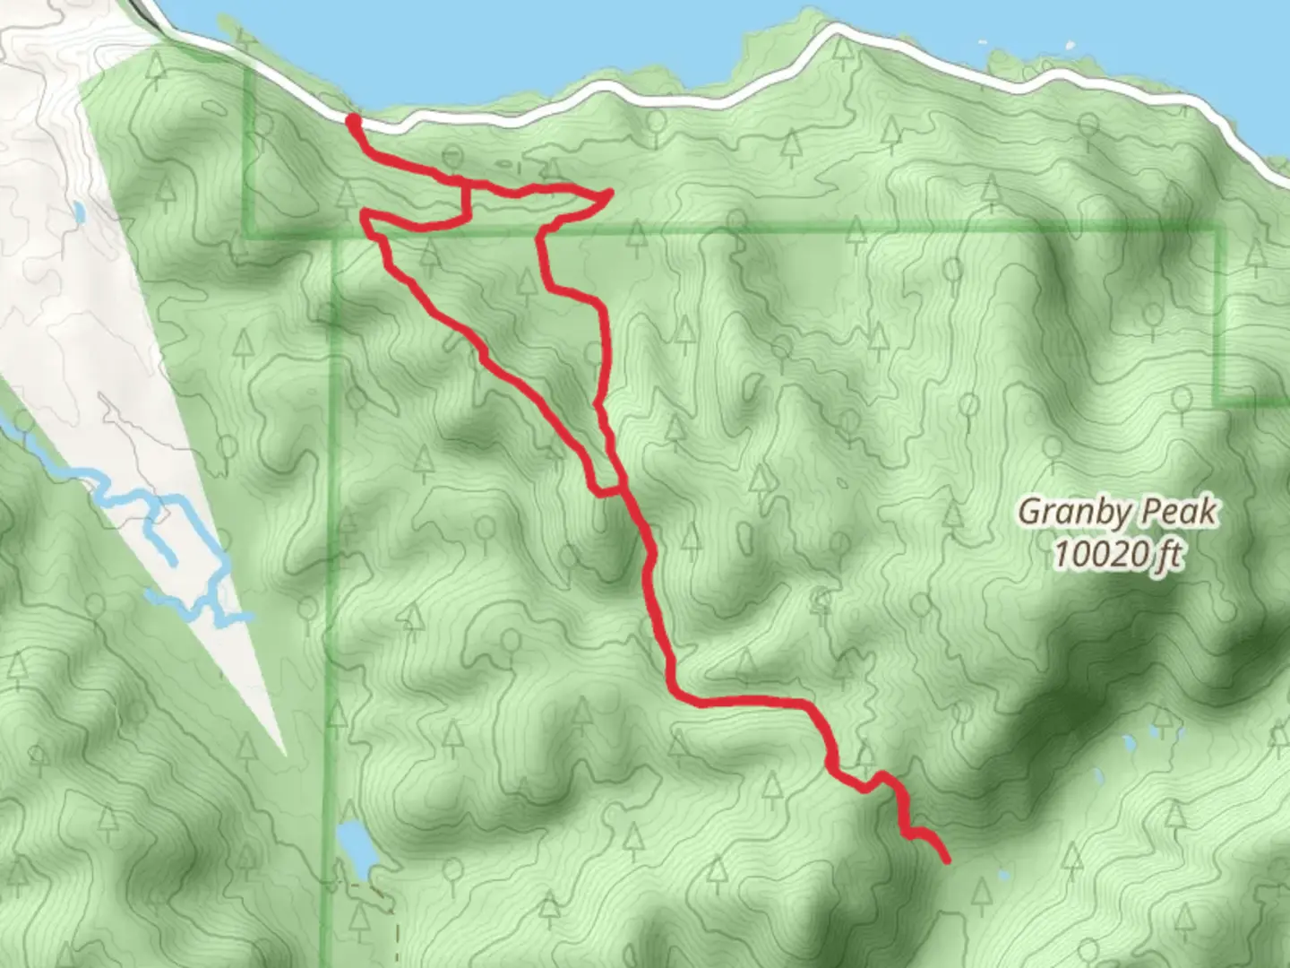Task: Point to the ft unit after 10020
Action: (1167, 557)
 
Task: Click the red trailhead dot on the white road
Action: (353, 120)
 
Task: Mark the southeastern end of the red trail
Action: (946, 860)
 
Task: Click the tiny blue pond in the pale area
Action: (80, 212)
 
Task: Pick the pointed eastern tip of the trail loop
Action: (610, 192)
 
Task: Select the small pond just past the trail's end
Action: (1002, 876)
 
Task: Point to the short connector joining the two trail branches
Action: (606, 490)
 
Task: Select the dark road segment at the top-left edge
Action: (143, 9)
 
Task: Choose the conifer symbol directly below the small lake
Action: (359, 917)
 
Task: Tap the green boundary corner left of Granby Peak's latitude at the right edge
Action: (1218, 402)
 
